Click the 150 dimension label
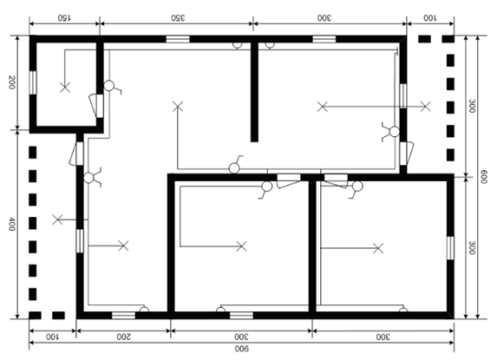64,17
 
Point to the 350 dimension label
178,17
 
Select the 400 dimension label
11,224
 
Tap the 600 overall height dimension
483,176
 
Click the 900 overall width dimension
242,349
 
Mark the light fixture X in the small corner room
65,87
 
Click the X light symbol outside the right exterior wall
425,107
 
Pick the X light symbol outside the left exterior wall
57,219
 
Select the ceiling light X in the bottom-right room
378,248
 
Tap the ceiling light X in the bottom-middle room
241,245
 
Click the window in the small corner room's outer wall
33,82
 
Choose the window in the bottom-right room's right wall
450,248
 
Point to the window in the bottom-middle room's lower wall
241,315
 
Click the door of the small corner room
96,106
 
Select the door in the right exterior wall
406,154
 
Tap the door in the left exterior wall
76,154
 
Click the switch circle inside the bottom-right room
357,186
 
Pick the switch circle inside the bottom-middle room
267,187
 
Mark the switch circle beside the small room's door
109,86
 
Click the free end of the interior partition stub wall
254,141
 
